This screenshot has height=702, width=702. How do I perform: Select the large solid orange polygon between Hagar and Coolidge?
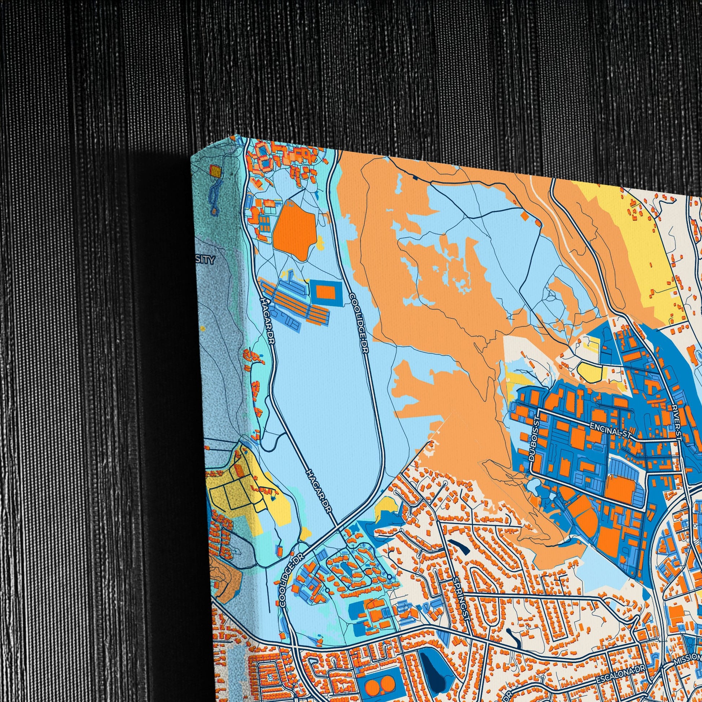click(x=294, y=229)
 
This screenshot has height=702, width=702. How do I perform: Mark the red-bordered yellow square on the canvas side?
click(x=215, y=171)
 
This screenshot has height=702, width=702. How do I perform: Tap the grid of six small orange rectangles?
click(x=264, y=224)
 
